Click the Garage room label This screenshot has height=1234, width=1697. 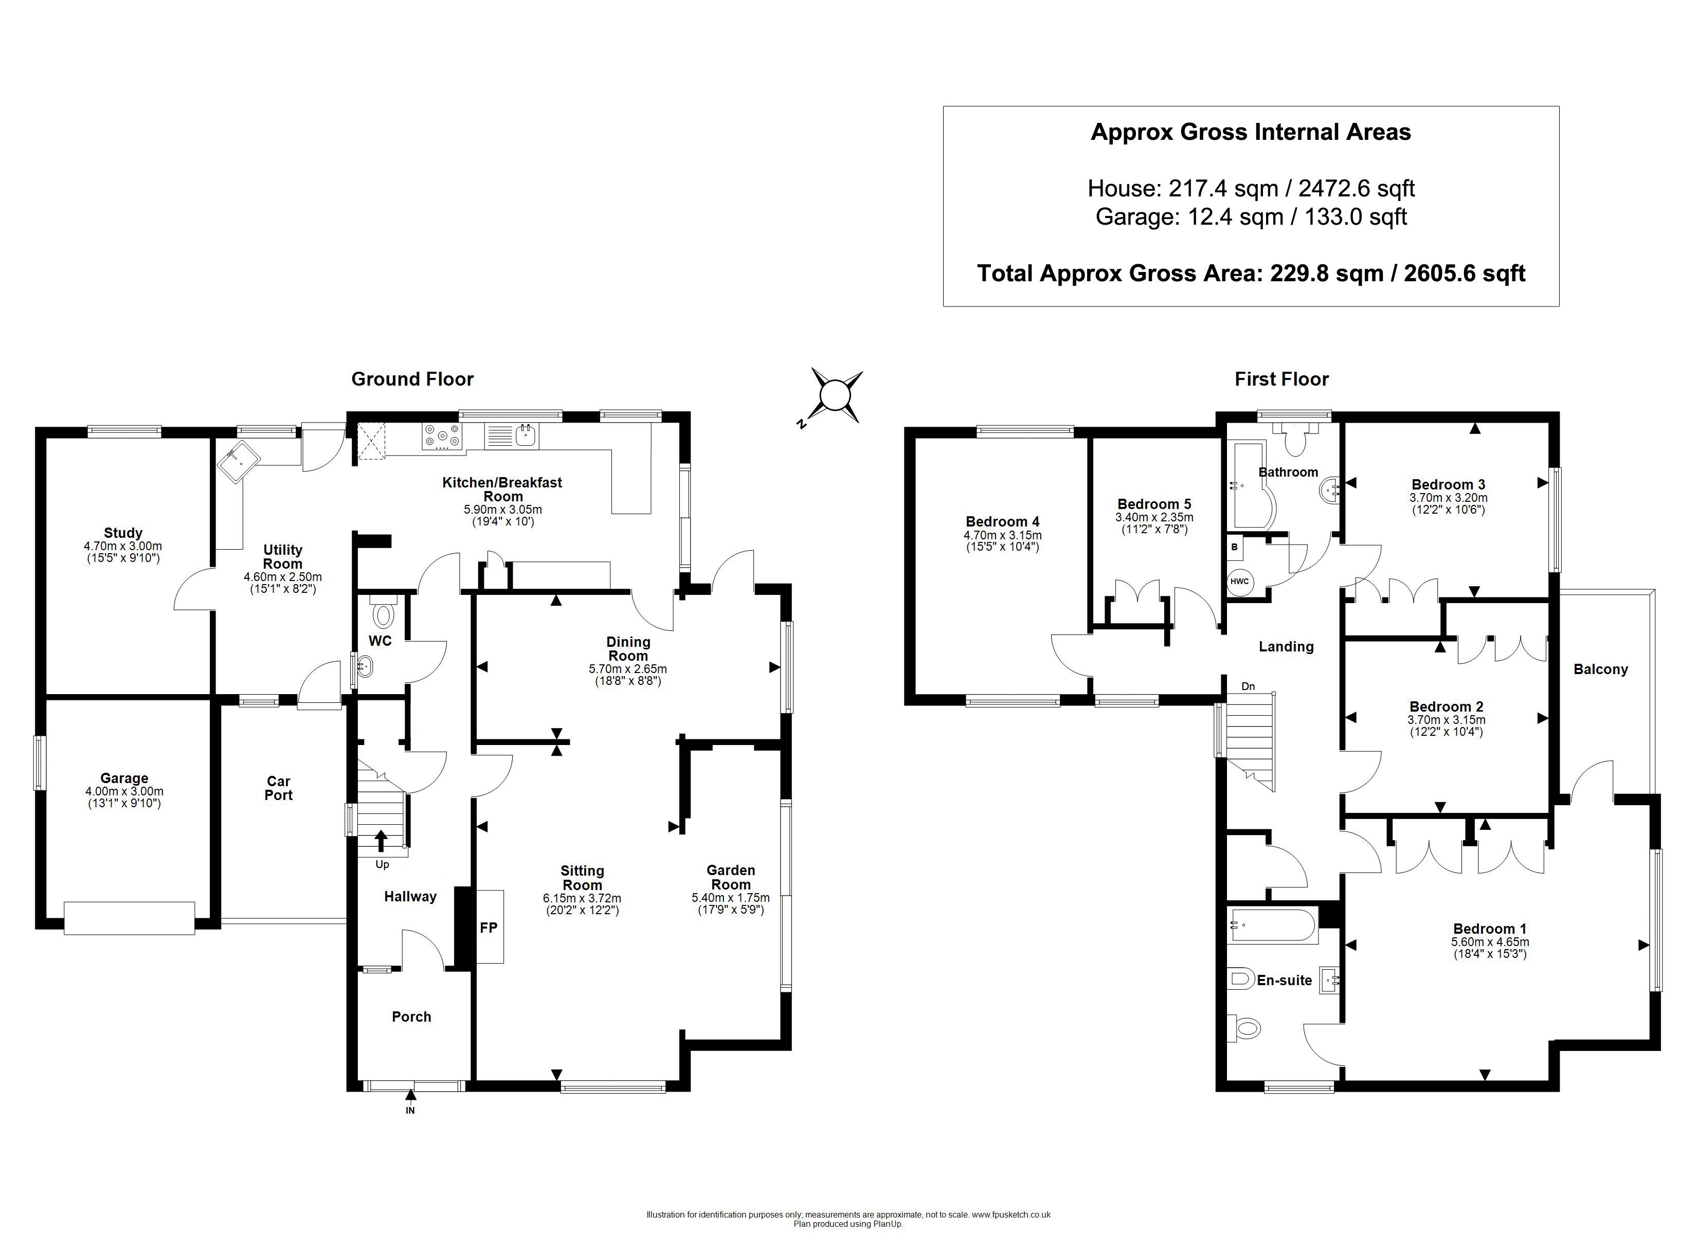coord(124,778)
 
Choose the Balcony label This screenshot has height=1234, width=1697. coord(1600,669)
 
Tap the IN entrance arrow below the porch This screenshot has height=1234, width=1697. coord(410,1101)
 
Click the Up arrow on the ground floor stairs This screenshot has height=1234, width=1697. coord(381,841)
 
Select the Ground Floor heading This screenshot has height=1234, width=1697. coord(412,379)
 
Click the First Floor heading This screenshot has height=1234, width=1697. coord(1281,379)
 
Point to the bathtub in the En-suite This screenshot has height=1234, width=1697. coord(1273,925)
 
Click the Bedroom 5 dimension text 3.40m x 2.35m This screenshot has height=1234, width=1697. coord(1154,517)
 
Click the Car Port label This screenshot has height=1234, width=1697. coord(278,788)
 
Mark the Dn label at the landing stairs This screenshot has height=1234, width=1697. coord(1248,686)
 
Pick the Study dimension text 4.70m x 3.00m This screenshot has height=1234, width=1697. coord(123,546)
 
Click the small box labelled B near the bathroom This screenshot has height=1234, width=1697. coord(1235,547)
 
